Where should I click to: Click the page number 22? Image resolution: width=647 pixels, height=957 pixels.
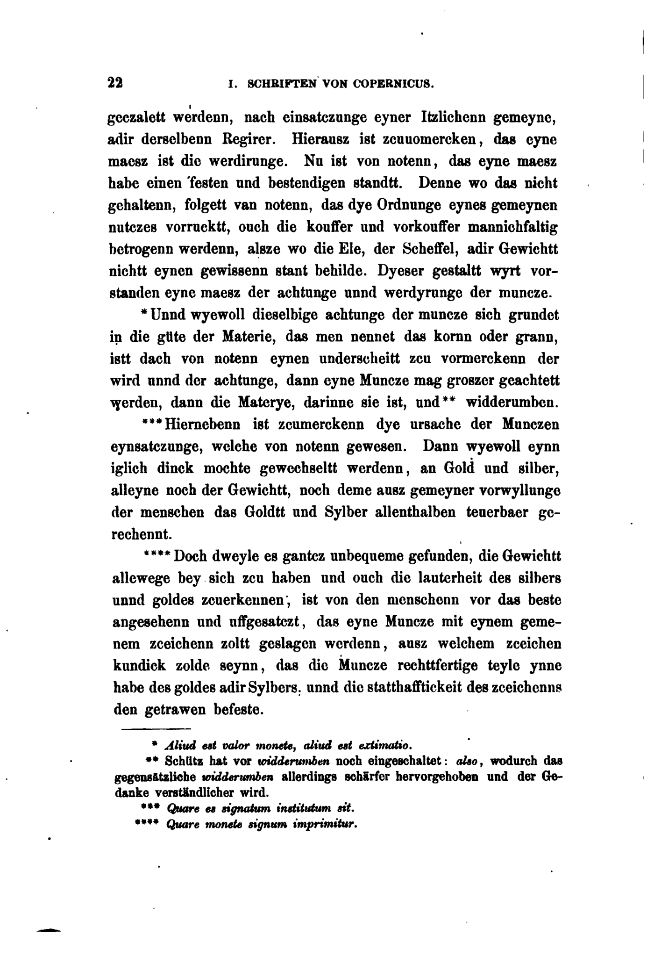[x=115, y=83]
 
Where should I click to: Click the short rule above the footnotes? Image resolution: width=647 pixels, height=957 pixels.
[x=156, y=728]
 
